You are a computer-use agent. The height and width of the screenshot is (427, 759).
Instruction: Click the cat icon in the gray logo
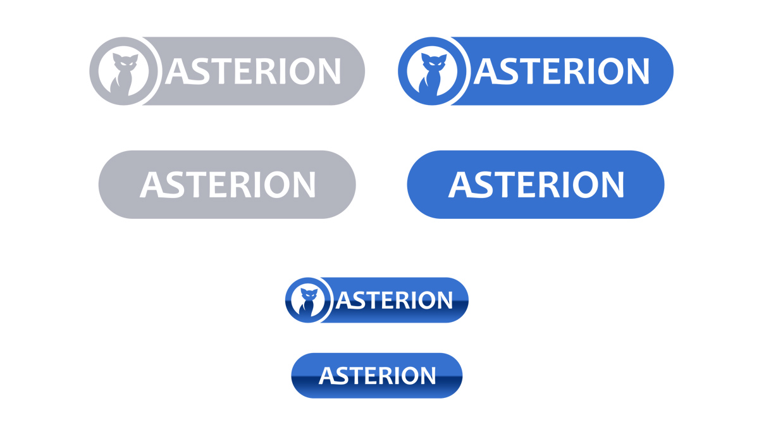coord(124,75)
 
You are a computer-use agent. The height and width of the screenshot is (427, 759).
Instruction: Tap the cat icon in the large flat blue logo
coord(433,75)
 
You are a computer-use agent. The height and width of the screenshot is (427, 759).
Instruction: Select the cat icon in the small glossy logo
coord(307,302)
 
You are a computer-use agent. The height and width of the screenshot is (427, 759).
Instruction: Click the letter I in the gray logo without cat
coord(257,185)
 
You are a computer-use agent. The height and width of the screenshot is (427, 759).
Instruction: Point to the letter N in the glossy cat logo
coord(445,300)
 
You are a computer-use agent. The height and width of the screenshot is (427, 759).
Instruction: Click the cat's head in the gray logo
coord(125,62)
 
